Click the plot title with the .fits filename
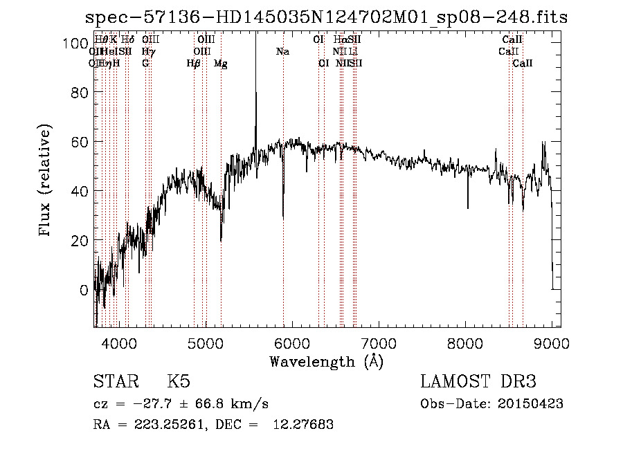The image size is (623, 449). coord(326,17)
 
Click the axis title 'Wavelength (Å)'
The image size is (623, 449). coord(326,361)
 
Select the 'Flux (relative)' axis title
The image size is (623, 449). coord(46,182)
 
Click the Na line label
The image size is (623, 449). coord(282,52)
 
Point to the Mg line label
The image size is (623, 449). coord(221,64)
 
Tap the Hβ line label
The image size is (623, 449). coord(194,64)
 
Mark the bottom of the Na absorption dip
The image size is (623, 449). coord(283,217)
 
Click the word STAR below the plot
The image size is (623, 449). coord(113,383)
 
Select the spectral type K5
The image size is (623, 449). coord(179,383)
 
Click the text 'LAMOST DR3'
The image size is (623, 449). coord(478,383)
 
